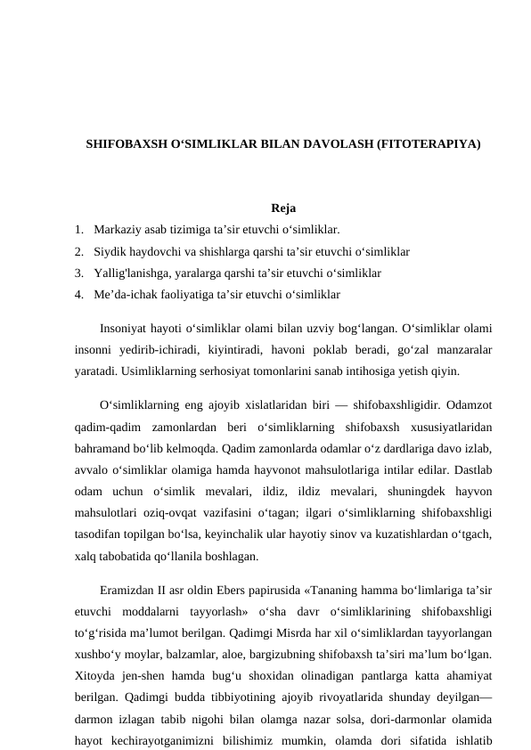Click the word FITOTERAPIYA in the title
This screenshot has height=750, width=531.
tap(430, 143)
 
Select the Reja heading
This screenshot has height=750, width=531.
tap(283, 209)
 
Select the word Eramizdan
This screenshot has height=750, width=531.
tap(128, 592)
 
